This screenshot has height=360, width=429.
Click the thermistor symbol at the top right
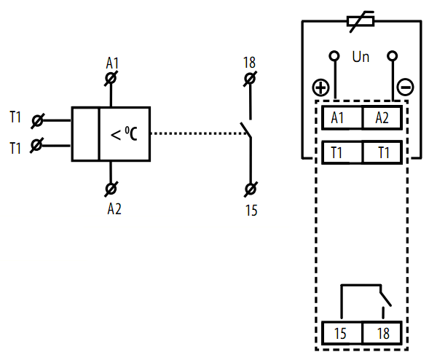click(x=361, y=21)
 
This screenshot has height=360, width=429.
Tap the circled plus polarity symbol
click(x=320, y=87)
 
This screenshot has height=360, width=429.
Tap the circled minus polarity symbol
click(x=405, y=87)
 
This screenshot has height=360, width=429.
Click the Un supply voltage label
click(x=361, y=57)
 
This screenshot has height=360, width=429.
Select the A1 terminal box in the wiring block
click(x=342, y=117)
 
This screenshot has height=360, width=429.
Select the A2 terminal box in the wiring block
click(x=382, y=117)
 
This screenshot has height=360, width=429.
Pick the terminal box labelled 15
click(x=342, y=333)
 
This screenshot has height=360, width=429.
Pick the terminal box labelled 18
click(x=382, y=333)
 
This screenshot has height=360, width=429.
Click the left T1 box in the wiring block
click(x=342, y=152)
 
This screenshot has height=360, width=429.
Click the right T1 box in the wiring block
click(x=382, y=152)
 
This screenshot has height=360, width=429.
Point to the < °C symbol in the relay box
click(x=124, y=134)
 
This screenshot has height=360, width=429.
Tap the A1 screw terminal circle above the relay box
click(x=111, y=79)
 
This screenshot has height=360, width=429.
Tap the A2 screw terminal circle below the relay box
click(x=111, y=189)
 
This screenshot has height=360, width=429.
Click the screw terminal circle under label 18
click(x=250, y=79)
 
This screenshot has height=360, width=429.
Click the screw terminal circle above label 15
click(x=251, y=189)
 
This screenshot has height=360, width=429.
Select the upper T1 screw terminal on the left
click(x=37, y=121)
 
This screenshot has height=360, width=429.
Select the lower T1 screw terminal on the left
click(x=37, y=145)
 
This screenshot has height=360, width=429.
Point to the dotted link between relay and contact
click(x=199, y=133)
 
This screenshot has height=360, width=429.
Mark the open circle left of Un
click(x=334, y=56)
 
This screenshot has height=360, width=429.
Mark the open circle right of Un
click(x=393, y=56)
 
